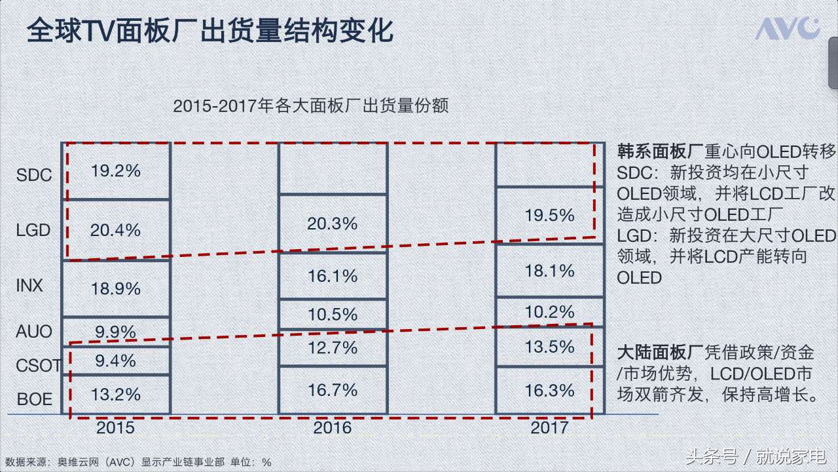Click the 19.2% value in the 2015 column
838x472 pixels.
point(116,171)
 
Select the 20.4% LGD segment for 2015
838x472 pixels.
point(116,230)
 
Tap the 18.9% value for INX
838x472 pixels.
point(116,288)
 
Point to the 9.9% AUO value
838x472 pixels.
point(116,332)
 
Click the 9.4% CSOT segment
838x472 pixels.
point(116,361)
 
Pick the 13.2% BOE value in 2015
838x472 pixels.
point(116,395)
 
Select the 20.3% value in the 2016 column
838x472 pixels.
point(333,224)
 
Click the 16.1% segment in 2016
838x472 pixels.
point(333,276)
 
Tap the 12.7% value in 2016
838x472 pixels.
point(333,347)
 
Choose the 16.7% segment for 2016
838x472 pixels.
point(333,391)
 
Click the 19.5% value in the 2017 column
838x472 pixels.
point(549,215)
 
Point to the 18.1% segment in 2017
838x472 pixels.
point(549,271)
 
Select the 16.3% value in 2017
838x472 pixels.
point(549,391)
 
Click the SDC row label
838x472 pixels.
point(34,175)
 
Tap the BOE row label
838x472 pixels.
point(34,399)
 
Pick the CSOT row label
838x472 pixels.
point(38,365)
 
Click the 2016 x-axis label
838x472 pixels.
point(333,428)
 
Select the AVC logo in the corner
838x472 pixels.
point(788,29)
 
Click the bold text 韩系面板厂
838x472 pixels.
point(660,152)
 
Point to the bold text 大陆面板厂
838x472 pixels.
point(660,353)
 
